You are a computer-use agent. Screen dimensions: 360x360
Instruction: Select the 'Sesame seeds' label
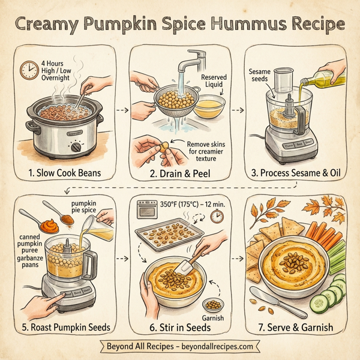(259, 76)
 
